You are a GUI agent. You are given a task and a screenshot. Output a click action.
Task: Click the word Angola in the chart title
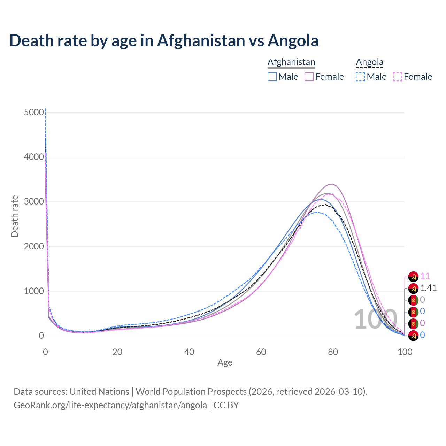(x=293, y=40)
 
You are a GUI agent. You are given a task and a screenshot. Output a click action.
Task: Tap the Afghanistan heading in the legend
(x=291, y=62)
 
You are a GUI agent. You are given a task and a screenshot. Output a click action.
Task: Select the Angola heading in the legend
(x=369, y=62)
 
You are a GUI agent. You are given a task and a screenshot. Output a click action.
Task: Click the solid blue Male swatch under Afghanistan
(x=272, y=77)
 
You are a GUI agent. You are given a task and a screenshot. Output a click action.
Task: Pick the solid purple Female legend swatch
(x=309, y=77)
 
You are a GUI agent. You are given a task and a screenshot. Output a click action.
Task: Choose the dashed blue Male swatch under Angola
(x=360, y=77)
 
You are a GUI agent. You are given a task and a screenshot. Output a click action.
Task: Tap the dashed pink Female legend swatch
(x=398, y=77)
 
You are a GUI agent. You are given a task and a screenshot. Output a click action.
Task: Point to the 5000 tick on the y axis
(x=34, y=112)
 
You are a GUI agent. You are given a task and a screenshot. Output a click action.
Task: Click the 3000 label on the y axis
(x=34, y=202)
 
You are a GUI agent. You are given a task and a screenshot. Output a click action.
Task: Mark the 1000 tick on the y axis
(x=34, y=291)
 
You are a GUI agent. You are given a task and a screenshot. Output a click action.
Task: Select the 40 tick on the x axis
(x=189, y=352)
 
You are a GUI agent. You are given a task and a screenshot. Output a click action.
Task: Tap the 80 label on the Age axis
(x=333, y=352)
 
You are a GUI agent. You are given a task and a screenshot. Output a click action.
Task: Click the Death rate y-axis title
(x=15, y=216)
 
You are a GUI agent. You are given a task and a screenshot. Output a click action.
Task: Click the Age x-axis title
(x=225, y=362)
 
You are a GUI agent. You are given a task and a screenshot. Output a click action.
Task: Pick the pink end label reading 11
(x=425, y=276)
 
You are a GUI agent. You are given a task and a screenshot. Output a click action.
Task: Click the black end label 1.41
(x=428, y=288)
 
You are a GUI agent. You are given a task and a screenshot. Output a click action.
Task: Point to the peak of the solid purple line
(x=331, y=184)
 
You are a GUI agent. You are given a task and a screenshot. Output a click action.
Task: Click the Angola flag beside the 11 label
(x=413, y=277)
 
